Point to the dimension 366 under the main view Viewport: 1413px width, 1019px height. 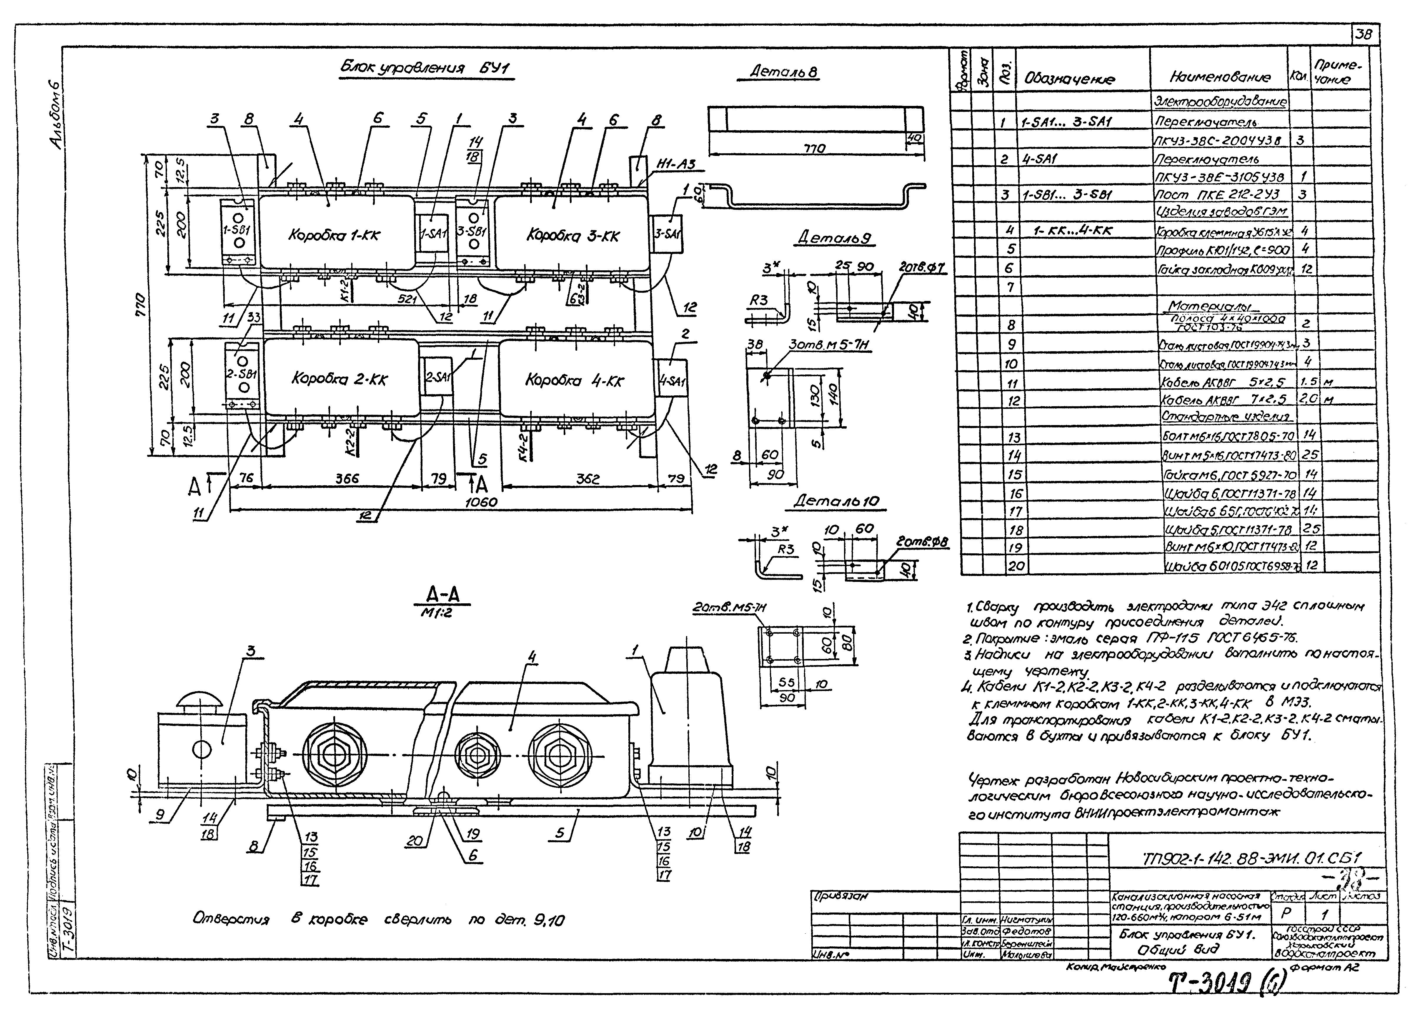[347, 478]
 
